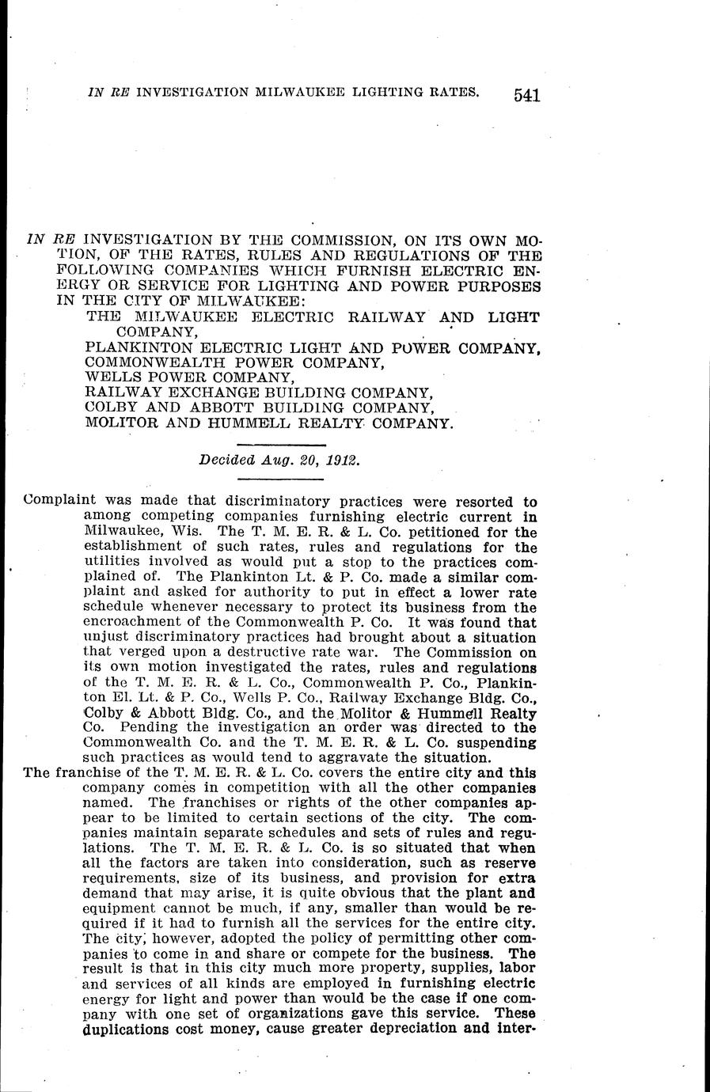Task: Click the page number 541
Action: [526, 96]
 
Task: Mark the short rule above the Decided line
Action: [282, 447]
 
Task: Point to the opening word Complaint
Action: [60, 501]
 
